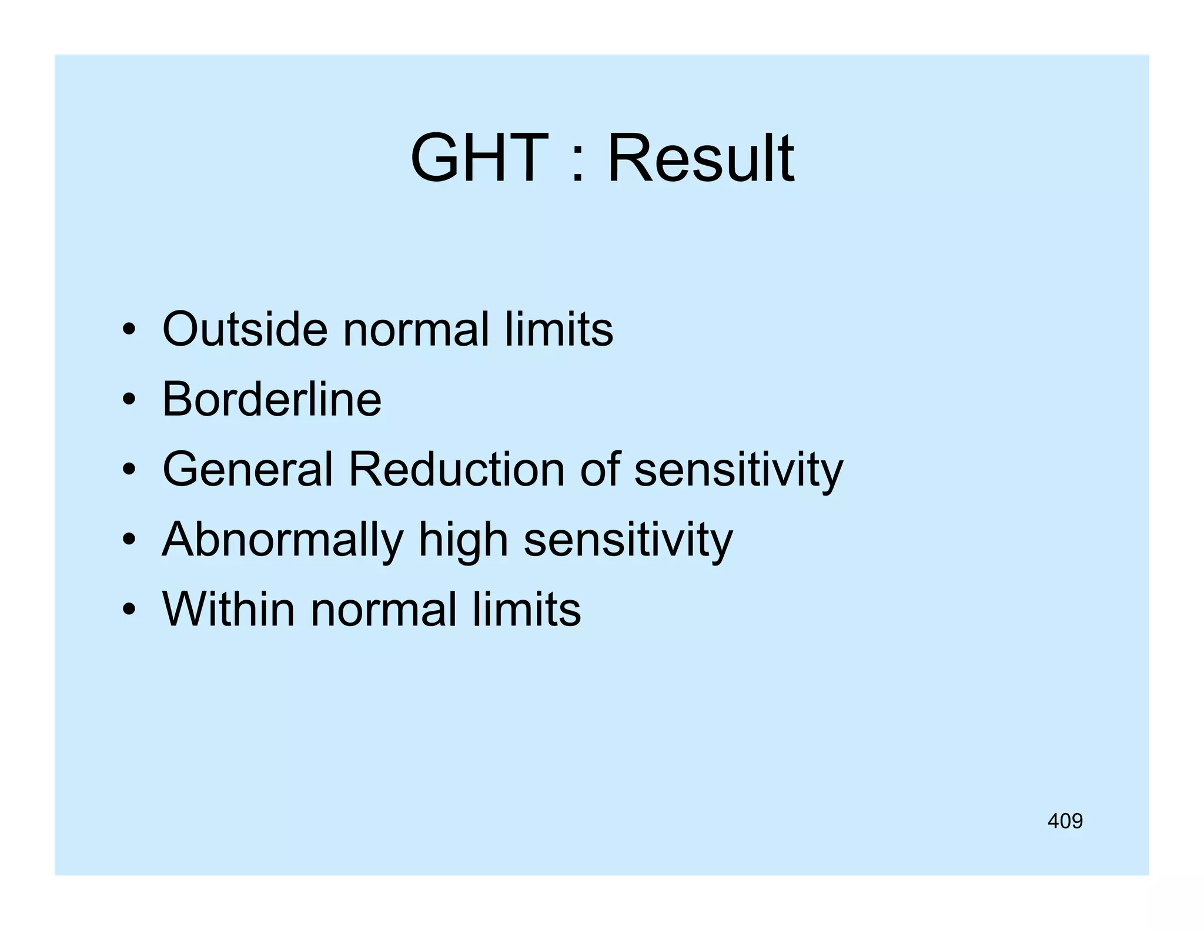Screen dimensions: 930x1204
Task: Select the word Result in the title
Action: tap(700, 158)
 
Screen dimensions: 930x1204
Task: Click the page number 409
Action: tap(1065, 821)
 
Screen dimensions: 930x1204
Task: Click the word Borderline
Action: tap(272, 399)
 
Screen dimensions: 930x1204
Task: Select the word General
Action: tap(248, 469)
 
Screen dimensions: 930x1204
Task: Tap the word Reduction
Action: tap(456, 469)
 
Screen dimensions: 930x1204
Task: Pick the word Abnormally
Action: tap(282, 540)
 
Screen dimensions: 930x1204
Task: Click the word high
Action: tap(463, 540)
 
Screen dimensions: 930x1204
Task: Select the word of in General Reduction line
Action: tap(600, 469)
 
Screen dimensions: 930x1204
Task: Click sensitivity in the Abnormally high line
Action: tap(628, 540)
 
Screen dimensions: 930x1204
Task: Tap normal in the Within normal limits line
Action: tap(383, 609)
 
